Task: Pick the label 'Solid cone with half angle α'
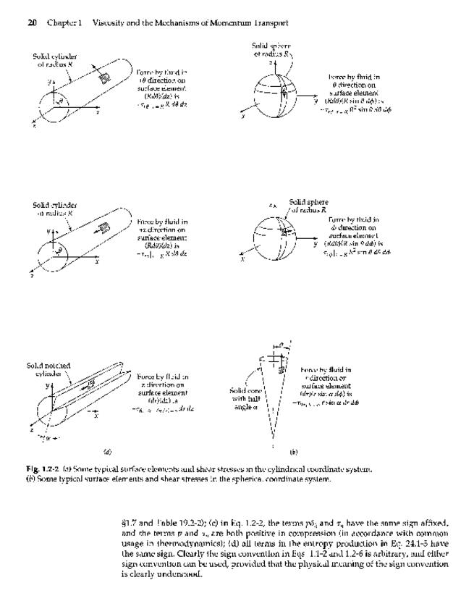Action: (240, 397)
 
